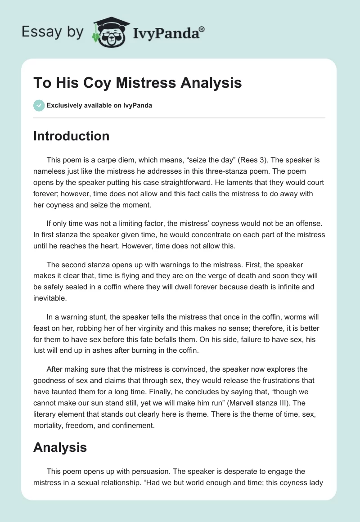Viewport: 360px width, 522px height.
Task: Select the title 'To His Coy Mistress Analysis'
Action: click(x=137, y=83)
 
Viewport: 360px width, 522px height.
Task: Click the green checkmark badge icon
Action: click(x=39, y=105)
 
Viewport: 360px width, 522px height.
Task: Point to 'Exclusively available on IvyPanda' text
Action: click(x=99, y=105)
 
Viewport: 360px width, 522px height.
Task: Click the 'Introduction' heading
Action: click(x=71, y=136)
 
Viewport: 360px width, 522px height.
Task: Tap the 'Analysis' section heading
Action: click(x=60, y=447)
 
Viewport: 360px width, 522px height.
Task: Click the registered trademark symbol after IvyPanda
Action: click(x=202, y=28)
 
